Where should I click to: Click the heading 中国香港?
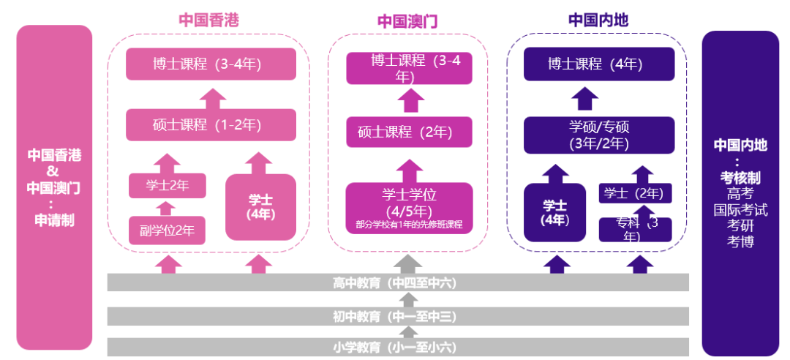pos(208,20)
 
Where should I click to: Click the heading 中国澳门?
pos(407,21)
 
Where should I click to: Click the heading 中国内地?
pos(598,20)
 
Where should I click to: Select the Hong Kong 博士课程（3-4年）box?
pos(211,64)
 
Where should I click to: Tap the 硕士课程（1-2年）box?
pos(211,125)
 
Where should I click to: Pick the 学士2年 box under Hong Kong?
pos(168,186)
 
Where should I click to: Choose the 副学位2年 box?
pos(168,231)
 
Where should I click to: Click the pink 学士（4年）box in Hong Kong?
pos(260,207)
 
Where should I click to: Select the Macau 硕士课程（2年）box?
pos(409,132)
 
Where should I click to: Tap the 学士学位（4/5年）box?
pos(409,207)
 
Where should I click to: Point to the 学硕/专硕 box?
pos(599,135)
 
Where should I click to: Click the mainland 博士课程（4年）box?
pos(599,64)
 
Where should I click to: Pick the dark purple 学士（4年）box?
pos(555,212)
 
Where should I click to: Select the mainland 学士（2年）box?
pos(635,194)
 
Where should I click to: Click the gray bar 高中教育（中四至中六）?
pos(398,282)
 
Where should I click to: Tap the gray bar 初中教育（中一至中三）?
pos(398,316)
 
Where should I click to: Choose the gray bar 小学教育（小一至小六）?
pos(398,347)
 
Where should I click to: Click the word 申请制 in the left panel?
pos(54,220)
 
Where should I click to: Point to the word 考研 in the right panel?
pos(740,226)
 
